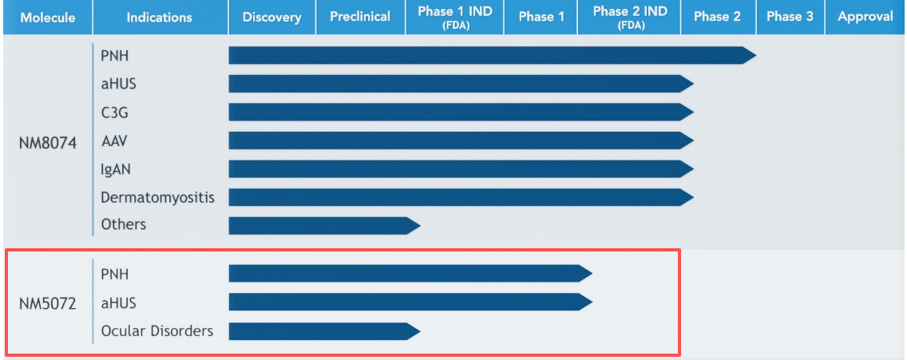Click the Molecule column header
[x=46, y=17]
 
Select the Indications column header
[x=159, y=17]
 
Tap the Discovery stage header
[x=271, y=17]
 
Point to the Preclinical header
[x=360, y=17]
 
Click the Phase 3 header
[x=790, y=17]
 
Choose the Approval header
[x=865, y=17]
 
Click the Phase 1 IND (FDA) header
[x=454, y=17]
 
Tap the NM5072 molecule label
[x=47, y=303]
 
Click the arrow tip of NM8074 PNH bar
[x=751, y=55]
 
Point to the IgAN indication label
[x=117, y=169]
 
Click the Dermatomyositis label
[x=157, y=197]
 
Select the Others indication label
[x=124, y=224]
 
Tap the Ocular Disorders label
[x=157, y=330]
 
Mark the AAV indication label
[x=113, y=141]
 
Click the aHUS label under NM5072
[x=118, y=303]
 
